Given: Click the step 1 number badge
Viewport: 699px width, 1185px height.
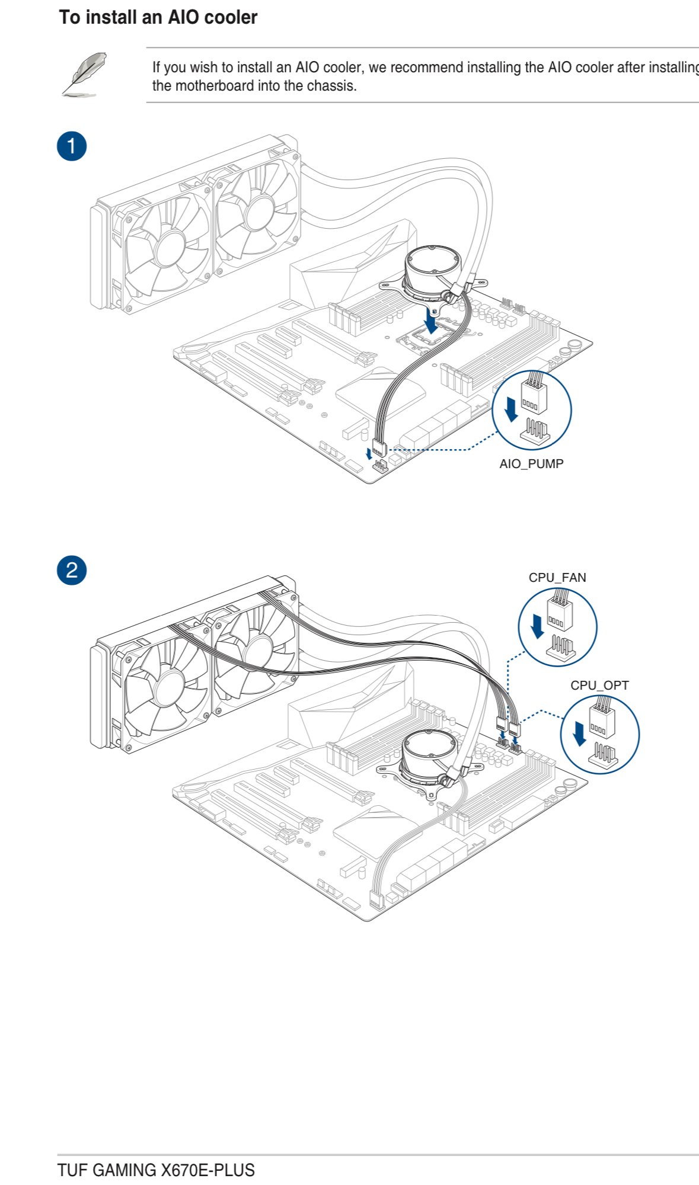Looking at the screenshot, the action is (72, 146).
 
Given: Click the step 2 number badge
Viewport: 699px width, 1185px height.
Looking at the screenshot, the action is (72, 570).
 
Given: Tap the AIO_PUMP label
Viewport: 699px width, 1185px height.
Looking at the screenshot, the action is (531, 464).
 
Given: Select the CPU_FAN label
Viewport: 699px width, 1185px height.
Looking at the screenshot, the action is (557, 577).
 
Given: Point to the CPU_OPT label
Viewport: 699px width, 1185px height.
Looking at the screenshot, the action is (599, 685).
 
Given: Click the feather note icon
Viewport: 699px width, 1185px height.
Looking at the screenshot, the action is (84, 74).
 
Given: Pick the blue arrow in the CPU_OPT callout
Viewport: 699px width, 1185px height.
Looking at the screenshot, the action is (579, 734).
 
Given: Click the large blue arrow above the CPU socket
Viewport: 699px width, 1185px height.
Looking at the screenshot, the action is (432, 322).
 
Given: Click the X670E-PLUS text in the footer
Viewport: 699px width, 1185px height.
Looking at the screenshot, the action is (208, 1170).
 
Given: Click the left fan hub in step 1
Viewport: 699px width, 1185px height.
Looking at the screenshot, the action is (171, 249).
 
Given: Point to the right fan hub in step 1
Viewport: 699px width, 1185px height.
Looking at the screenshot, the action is (258, 212).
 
